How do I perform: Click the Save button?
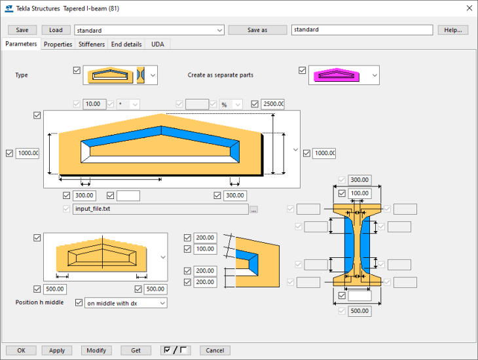coord(22,30)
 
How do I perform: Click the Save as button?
coord(257,30)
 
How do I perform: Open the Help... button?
coord(453,30)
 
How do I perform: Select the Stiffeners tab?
coord(92,45)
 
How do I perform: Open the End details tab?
coord(126,45)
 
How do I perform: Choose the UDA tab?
coord(158,45)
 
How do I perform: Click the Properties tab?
coord(58,45)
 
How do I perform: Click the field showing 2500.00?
coord(272,104)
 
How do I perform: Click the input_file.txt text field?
coord(160,209)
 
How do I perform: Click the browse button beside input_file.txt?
coord(253,209)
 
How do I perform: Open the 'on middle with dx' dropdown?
coord(126,303)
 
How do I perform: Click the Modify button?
coord(96,350)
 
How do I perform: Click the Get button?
coord(136,350)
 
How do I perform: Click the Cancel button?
coord(215,350)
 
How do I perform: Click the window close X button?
coord(468,9)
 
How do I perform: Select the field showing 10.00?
coord(95,104)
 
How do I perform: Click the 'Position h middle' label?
coord(40,303)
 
